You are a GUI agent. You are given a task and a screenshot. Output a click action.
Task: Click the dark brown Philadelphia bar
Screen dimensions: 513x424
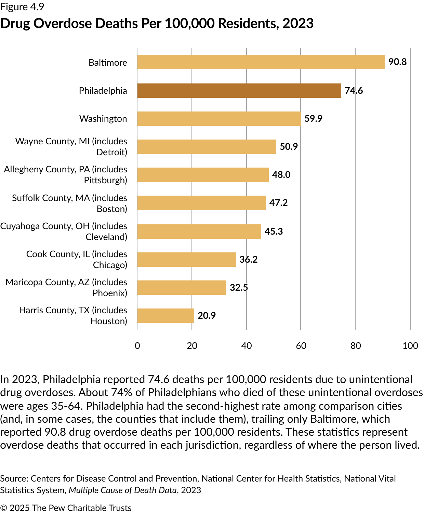(239, 91)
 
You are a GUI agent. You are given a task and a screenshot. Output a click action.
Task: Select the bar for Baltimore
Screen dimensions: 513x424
(261, 62)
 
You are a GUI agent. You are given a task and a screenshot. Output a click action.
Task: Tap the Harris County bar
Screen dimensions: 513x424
(165, 315)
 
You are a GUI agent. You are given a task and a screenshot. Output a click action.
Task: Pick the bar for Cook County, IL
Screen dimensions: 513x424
(186, 259)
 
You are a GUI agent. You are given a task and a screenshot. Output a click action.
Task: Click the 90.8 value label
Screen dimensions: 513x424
(397, 62)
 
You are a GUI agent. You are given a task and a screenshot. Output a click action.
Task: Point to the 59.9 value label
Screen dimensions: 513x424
(313, 119)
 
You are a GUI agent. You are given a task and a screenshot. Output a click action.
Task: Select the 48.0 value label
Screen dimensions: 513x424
(281, 175)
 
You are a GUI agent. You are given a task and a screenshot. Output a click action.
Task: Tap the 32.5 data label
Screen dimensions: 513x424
(239, 287)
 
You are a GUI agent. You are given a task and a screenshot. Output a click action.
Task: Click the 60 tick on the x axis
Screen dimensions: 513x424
(301, 346)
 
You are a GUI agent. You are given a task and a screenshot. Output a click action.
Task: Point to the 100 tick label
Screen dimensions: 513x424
(410, 346)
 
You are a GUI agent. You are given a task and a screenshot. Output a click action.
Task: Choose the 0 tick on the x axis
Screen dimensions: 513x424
(137, 346)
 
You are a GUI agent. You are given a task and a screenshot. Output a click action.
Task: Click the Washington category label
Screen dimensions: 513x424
(103, 119)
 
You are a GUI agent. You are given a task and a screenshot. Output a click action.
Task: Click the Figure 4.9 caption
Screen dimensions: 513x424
(22, 7)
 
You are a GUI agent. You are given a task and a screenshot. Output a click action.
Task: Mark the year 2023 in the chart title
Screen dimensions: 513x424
(298, 23)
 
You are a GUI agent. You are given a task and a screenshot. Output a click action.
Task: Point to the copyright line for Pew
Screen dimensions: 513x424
(66, 508)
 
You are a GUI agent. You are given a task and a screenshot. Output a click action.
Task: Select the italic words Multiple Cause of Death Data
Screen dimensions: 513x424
(123, 490)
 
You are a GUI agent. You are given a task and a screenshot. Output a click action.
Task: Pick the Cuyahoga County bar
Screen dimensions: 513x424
(199, 231)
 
